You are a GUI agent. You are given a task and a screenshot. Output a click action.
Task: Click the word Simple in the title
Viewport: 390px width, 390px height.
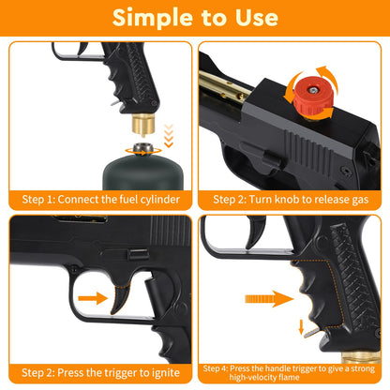(149, 18)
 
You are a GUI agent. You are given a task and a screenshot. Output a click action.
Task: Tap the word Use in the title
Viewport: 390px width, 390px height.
(252, 18)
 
